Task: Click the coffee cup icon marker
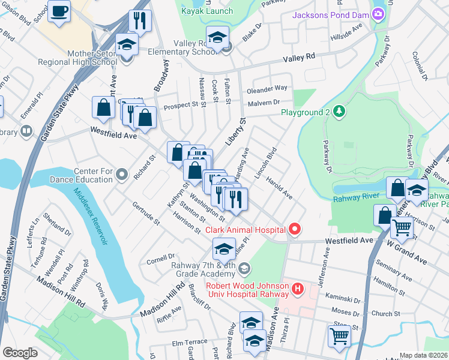click(x=59, y=11)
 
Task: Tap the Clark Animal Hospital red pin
click(x=294, y=229)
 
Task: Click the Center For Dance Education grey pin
click(x=122, y=175)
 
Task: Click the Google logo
click(x=20, y=353)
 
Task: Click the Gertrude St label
click(x=146, y=213)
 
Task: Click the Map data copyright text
click(x=423, y=355)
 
